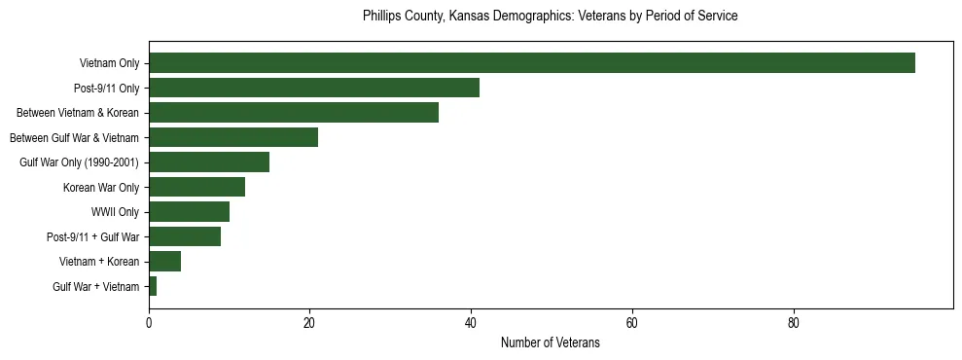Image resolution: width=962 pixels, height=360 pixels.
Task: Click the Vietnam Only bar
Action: tap(531, 63)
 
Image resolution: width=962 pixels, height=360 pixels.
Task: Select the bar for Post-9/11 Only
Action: tap(314, 88)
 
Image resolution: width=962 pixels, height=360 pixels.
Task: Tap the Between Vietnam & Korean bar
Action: tap(294, 113)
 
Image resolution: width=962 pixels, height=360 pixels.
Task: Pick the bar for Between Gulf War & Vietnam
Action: tap(233, 137)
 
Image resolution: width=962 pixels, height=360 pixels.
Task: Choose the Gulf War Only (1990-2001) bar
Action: tap(209, 162)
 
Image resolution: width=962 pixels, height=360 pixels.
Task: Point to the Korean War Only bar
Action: tap(196, 187)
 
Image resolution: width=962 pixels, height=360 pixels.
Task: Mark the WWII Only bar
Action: tap(189, 212)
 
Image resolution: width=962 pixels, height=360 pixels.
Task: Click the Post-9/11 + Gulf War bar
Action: tap(185, 236)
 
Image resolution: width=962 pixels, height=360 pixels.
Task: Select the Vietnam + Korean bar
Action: tap(164, 262)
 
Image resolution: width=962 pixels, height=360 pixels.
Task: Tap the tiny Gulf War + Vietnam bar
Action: tap(153, 286)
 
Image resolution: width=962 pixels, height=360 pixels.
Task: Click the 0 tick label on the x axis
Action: tap(149, 323)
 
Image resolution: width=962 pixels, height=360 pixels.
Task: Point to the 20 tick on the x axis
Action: tap(310, 323)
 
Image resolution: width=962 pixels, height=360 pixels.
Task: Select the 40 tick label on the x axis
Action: tap(471, 323)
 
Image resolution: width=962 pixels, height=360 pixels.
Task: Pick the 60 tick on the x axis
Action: tap(632, 323)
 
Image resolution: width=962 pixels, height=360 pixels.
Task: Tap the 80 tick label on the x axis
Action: tap(794, 323)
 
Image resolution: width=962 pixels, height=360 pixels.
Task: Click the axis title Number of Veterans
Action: tap(550, 343)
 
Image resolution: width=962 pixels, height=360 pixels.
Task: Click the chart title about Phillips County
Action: tap(550, 17)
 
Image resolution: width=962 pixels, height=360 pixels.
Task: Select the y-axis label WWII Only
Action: tap(115, 212)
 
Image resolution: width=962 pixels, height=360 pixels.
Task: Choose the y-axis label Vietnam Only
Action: tap(109, 63)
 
